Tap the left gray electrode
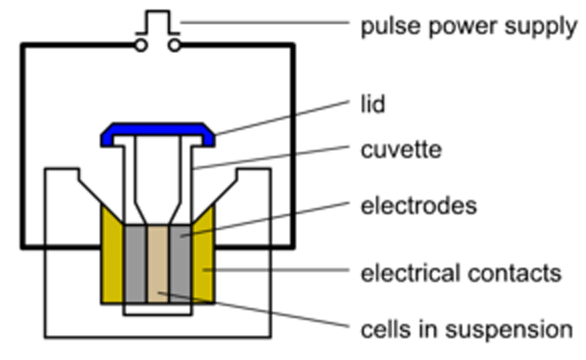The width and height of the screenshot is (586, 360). tap(136, 264)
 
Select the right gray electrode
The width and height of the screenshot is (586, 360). tap(179, 264)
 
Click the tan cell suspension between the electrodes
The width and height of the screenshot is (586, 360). tap(157, 264)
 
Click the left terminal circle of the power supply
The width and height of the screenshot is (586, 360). tap(141, 46)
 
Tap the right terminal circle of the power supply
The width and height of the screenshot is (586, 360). tap(174, 46)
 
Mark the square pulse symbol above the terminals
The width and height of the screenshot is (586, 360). tap(157, 22)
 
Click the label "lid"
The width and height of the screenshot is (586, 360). tap(372, 104)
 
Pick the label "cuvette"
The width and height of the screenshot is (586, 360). tap(401, 150)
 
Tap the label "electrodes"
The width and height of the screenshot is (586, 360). tap(419, 206)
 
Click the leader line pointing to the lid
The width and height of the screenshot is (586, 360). tap(283, 117)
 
